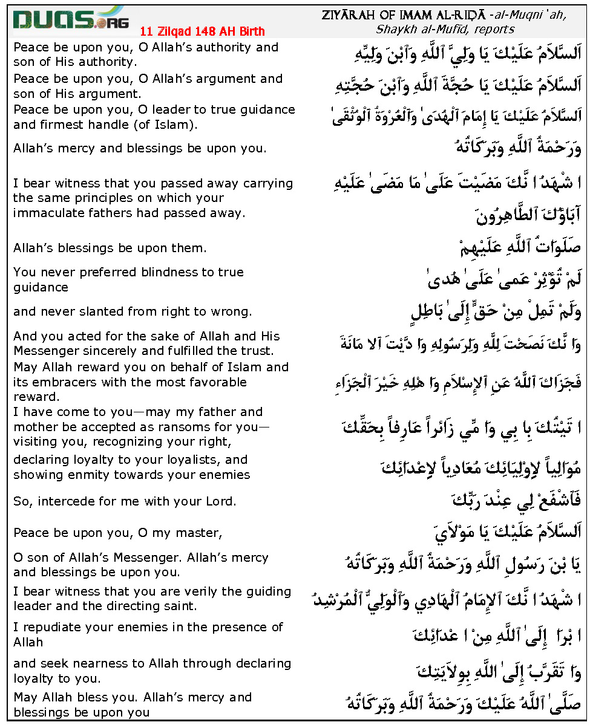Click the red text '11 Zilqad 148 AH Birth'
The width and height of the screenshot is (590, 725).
[x=202, y=31]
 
